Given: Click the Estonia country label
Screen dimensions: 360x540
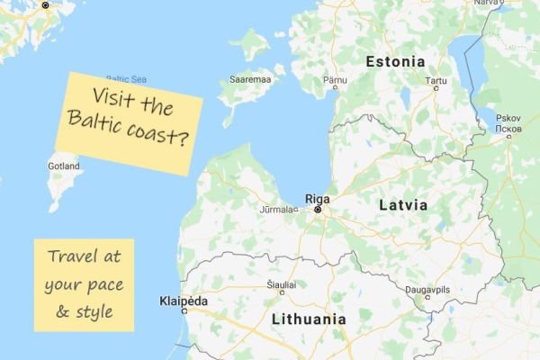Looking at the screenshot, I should [x=395, y=62].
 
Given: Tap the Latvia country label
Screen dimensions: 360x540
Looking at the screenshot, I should [x=402, y=205].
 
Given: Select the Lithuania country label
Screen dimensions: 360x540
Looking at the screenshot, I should [x=308, y=319].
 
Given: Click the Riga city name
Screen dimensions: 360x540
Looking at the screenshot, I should [x=317, y=198].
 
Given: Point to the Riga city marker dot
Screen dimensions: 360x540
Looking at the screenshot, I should [x=317, y=210].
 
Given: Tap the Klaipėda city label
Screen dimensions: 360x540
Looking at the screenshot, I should [x=183, y=300].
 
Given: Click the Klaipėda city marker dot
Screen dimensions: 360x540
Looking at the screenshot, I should [x=184, y=310].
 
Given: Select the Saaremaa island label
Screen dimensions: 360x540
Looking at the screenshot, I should [x=251, y=79].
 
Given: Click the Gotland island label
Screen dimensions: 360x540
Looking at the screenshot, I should [x=64, y=166].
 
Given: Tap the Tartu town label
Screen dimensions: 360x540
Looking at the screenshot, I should [x=436, y=80].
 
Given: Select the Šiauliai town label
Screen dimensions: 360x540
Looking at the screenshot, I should [x=282, y=282].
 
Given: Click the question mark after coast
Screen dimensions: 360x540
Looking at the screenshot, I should [x=184, y=140].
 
